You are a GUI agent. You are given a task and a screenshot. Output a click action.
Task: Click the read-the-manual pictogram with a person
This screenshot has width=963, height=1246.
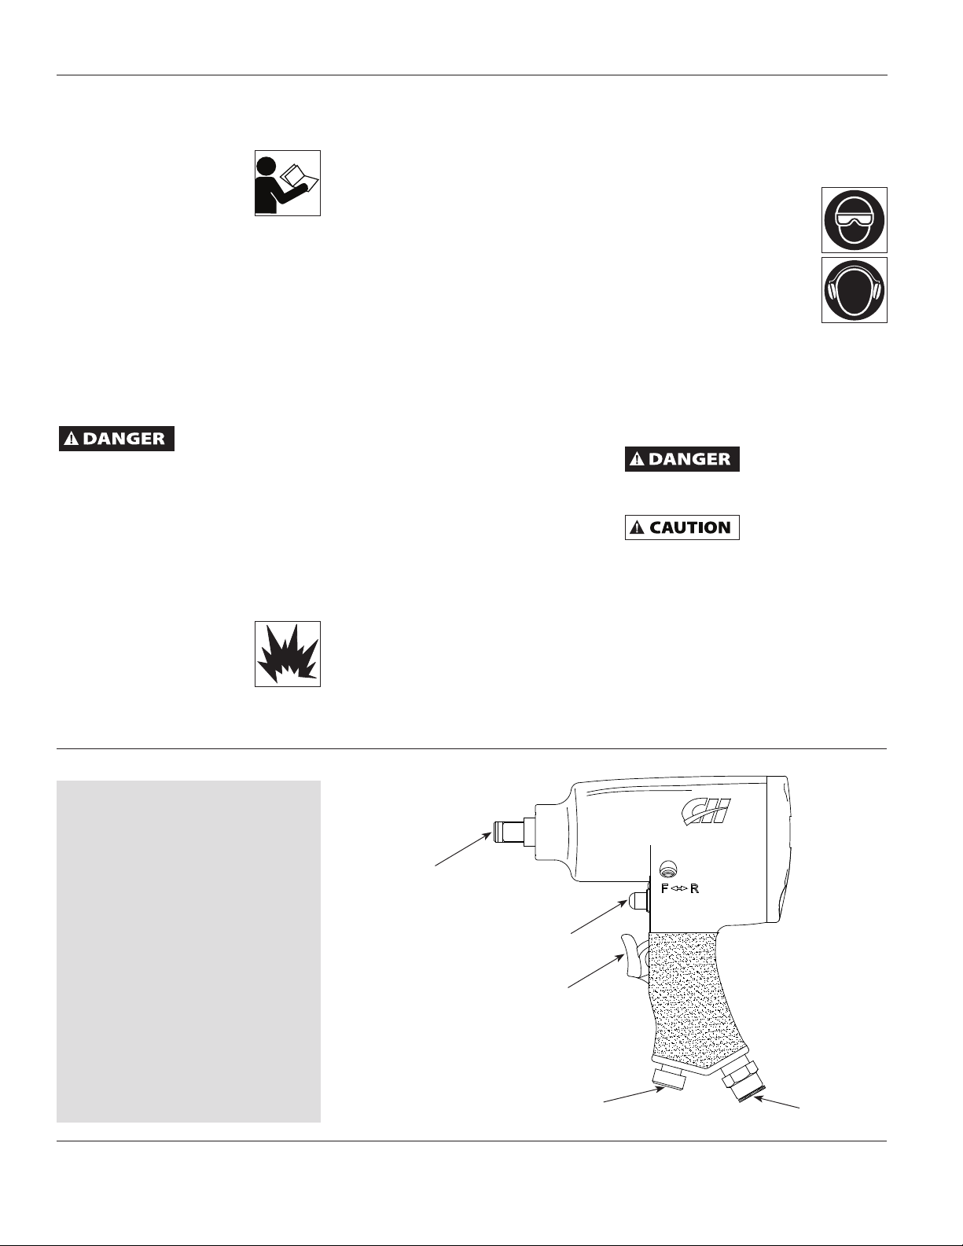(x=287, y=183)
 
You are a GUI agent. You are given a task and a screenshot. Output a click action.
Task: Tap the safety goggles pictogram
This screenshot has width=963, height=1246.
(x=854, y=220)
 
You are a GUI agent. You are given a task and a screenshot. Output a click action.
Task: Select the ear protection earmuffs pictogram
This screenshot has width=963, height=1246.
(x=854, y=290)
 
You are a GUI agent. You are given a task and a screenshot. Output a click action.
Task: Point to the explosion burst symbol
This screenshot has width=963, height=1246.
(x=287, y=654)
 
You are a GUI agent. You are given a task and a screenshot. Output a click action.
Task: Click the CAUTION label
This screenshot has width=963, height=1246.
(x=682, y=527)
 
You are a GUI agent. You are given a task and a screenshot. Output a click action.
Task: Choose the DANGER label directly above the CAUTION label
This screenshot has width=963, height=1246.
(x=682, y=459)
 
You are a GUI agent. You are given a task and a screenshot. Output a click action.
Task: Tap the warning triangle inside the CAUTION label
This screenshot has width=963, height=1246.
(x=637, y=527)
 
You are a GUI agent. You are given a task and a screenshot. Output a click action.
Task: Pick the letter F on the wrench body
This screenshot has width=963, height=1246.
(x=665, y=889)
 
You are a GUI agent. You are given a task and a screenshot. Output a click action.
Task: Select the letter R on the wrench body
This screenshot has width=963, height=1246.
(x=694, y=889)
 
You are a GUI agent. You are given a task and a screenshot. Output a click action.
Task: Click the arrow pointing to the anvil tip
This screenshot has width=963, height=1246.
(x=463, y=850)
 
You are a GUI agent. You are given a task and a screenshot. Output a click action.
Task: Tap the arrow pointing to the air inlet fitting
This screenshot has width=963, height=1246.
(x=776, y=1102)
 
